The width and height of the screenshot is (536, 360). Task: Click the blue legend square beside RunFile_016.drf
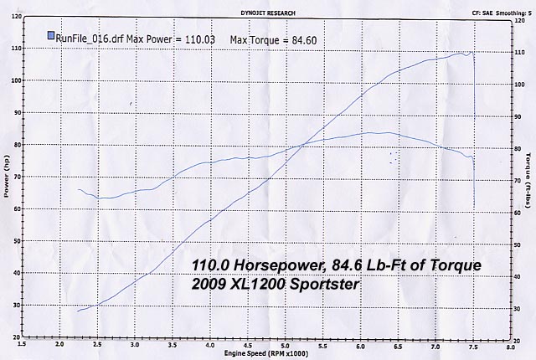click(51, 36)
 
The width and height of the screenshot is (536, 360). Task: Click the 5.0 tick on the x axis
click(284, 343)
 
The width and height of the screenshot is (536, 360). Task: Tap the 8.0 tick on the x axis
click(509, 343)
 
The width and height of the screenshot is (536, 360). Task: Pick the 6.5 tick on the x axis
click(397, 343)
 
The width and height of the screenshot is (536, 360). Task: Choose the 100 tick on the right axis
click(518, 81)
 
